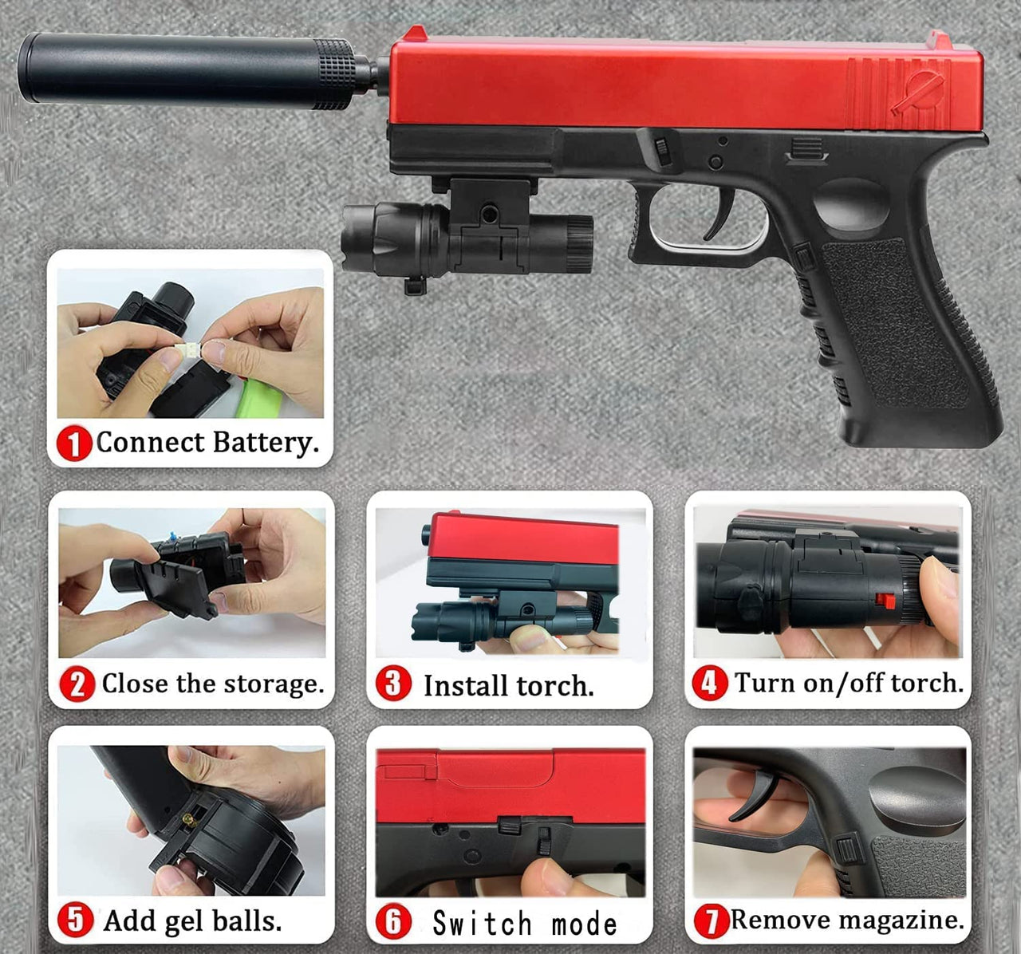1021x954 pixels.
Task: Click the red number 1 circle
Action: [74, 443]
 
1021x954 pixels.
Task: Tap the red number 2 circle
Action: [77, 684]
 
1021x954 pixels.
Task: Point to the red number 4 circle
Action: [710, 683]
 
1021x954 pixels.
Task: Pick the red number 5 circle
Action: [75, 920]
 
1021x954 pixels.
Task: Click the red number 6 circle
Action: [393, 921]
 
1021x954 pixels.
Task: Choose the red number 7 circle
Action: [712, 921]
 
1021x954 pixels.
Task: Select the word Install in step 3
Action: [466, 685]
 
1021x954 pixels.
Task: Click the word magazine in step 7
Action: [903, 920]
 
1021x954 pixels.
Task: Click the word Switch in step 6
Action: [482, 923]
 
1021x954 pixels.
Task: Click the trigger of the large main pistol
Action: [720, 215]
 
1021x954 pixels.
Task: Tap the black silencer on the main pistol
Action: [195, 70]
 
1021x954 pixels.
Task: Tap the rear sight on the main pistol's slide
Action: [940, 40]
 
